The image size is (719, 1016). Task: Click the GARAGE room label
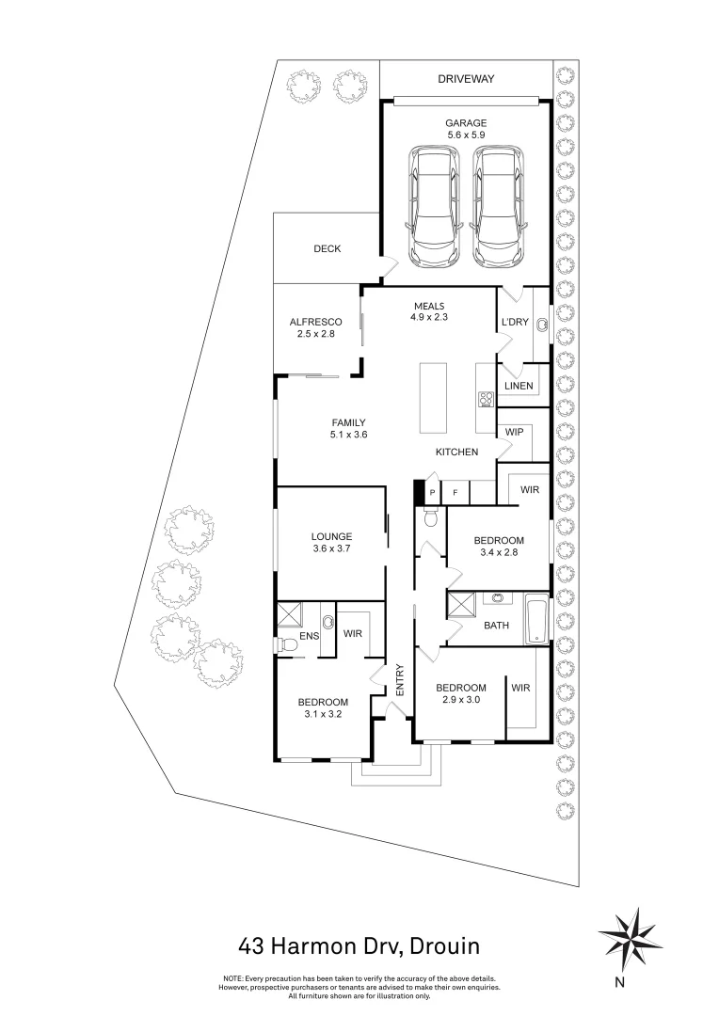click(465, 123)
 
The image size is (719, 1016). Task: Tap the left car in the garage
click(434, 207)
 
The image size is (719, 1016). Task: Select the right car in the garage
click(497, 207)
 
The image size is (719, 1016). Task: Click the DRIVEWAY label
click(465, 79)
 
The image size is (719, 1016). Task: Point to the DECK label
click(327, 249)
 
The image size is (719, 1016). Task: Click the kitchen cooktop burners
click(486, 399)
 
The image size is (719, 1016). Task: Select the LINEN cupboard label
click(519, 386)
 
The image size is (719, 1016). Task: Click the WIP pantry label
click(514, 432)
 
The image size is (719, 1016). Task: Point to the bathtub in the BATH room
click(535, 619)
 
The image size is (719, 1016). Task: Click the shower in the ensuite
click(289, 615)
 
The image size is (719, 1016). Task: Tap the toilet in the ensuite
click(281, 645)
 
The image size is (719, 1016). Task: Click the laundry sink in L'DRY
click(542, 325)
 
